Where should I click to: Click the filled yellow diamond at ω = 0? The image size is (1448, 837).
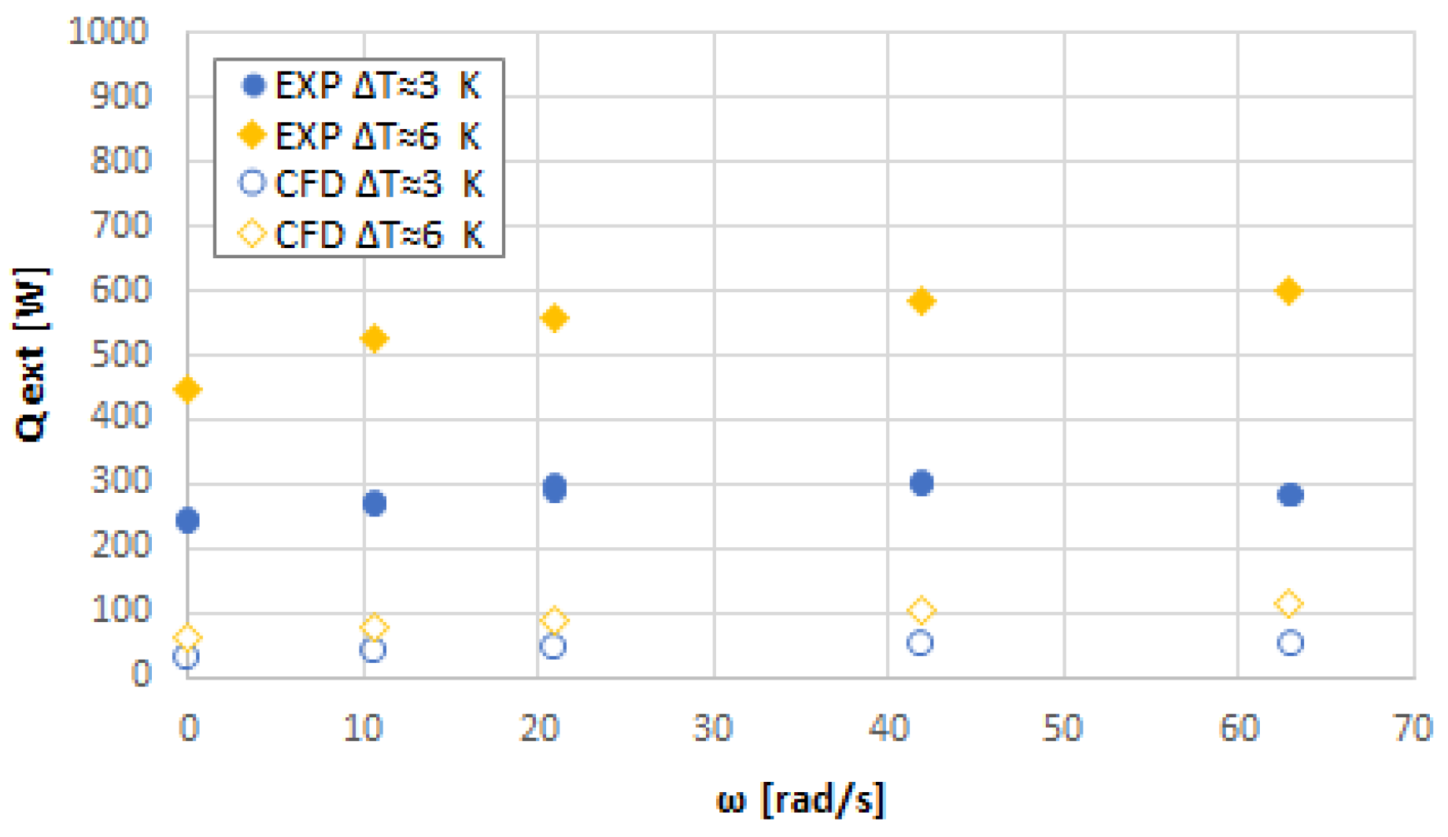point(187,389)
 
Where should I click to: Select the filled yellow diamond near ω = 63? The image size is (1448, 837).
point(1288,291)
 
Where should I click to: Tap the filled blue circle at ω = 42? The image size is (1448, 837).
point(922,483)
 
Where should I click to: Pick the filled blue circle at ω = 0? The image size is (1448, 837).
point(187,520)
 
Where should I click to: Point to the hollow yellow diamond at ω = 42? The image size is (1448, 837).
point(921,610)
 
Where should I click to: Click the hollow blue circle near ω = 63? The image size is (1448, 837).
point(1290,643)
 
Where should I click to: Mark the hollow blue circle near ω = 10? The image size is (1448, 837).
point(372,650)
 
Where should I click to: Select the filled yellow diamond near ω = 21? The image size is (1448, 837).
point(555,318)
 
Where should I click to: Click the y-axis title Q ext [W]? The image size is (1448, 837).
point(31,354)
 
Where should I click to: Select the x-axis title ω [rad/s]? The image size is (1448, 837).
point(800,800)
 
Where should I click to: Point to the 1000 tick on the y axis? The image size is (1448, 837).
point(109,32)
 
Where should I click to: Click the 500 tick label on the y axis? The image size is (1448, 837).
point(120,355)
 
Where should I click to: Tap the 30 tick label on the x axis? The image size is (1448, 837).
point(713,728)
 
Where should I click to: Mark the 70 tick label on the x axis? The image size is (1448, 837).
point(1413,728)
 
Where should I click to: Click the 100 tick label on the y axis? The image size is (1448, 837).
point(120,610)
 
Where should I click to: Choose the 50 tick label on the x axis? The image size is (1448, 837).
point(1063,728)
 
